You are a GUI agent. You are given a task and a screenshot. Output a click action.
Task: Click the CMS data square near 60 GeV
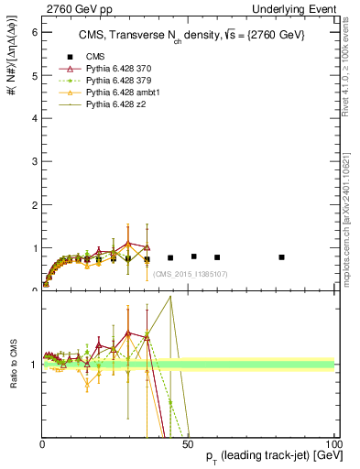coord(217,257)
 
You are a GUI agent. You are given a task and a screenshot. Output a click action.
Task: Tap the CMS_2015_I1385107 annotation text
coord(191,274)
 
